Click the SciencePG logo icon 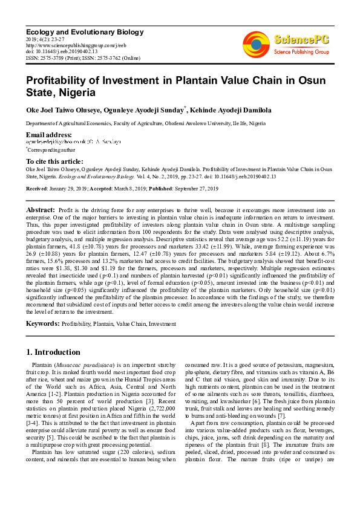coord(256,43)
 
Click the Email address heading coord(49,134)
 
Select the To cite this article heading coord(54,161)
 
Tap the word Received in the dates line coord(37,189)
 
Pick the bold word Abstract coord(40,209)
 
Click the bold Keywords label coord(42,325)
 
